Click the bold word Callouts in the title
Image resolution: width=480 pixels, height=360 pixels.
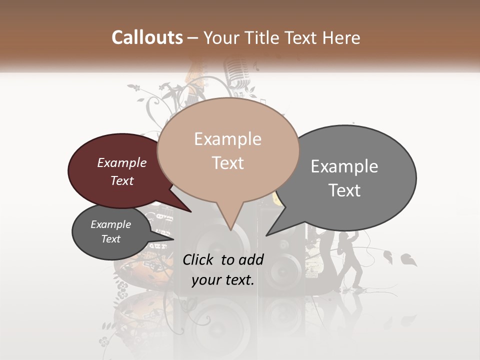coord(147,37)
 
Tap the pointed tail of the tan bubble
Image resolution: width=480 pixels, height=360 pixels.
coord(230,220)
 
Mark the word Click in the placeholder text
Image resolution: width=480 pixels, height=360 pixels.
coord(198,259)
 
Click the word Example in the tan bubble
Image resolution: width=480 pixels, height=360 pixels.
coord(227,139)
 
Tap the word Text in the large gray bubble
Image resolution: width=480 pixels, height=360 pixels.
coord(344,190)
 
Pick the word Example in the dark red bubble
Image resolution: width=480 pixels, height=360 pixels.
coord(121,162)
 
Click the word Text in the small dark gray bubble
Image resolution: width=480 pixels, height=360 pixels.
coord(111,239)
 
